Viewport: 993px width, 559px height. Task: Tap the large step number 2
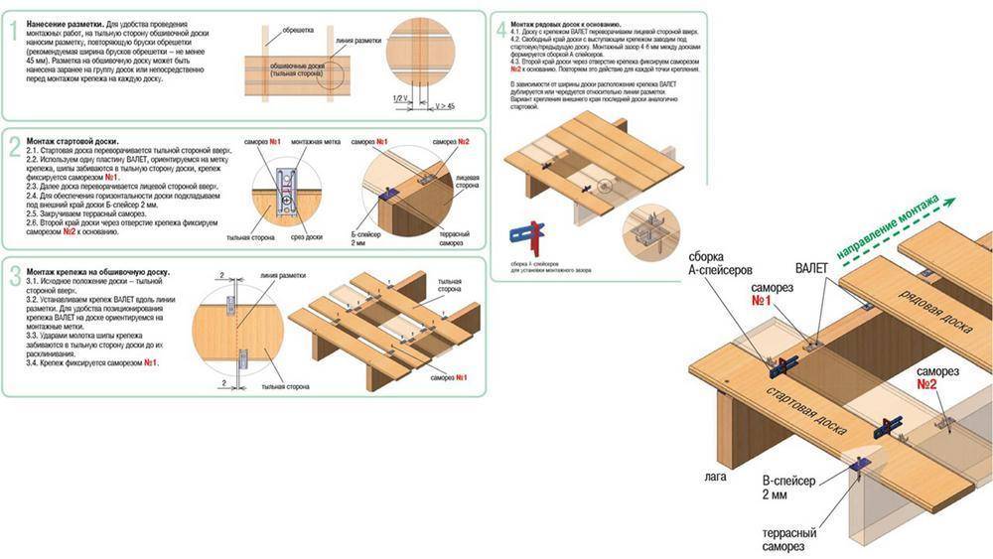[x=13, y=147]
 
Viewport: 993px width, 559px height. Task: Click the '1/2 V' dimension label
[x=401, y=97]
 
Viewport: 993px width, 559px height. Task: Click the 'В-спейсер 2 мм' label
[x=788, y=488]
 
